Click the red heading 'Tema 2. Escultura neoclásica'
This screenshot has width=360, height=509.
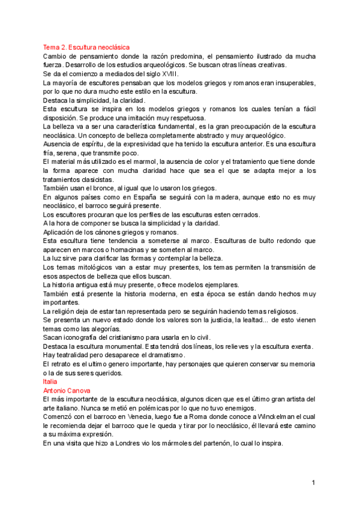86,47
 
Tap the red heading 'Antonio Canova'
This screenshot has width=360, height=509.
66,390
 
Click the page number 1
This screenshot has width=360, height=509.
313,483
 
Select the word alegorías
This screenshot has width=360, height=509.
113,328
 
